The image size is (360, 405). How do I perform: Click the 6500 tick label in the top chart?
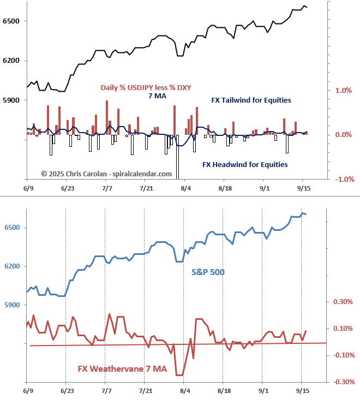(x=11, y=21)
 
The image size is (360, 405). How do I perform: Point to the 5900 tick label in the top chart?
(x=11, y=100)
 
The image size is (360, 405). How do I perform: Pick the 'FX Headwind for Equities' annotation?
(x=245, y=164)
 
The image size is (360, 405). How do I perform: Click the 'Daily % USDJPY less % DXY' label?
(x=146, y=88)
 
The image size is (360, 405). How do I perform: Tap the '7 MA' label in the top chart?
(x=157, y=96)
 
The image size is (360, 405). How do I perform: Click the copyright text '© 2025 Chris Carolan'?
(x=107, y=174)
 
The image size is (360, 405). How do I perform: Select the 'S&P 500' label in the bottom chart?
(x=208, y=272)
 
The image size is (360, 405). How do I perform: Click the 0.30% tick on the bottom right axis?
(x=344, y=301)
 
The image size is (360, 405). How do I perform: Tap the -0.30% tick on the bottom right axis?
(x=343, y=382)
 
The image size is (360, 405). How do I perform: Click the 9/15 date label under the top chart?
(x=303, y=188)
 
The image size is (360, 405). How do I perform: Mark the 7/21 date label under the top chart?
(x=146, y=188)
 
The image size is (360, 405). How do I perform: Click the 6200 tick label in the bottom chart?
(x=11, y=266)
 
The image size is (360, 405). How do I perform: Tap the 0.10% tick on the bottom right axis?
(x=344, y=328)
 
